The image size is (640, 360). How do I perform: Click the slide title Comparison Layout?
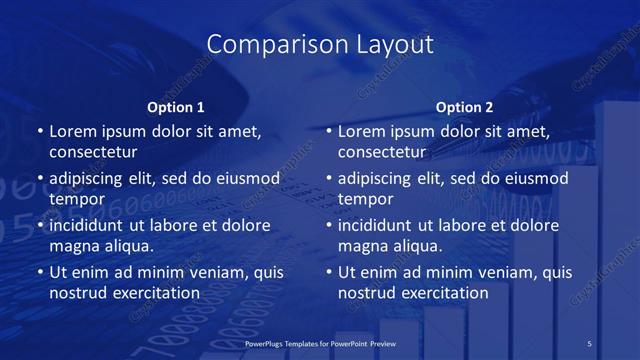(320, 45)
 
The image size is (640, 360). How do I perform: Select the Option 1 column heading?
(176, 107)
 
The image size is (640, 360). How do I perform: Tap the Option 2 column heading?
(465, 107)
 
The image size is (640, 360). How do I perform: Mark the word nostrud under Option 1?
(76, 293)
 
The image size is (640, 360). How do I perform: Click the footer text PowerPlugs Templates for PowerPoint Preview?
(320, 343)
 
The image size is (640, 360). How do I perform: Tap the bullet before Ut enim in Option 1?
(39, 272)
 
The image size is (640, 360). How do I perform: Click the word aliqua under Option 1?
(125, 246)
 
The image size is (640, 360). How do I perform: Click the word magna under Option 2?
(363, 246)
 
